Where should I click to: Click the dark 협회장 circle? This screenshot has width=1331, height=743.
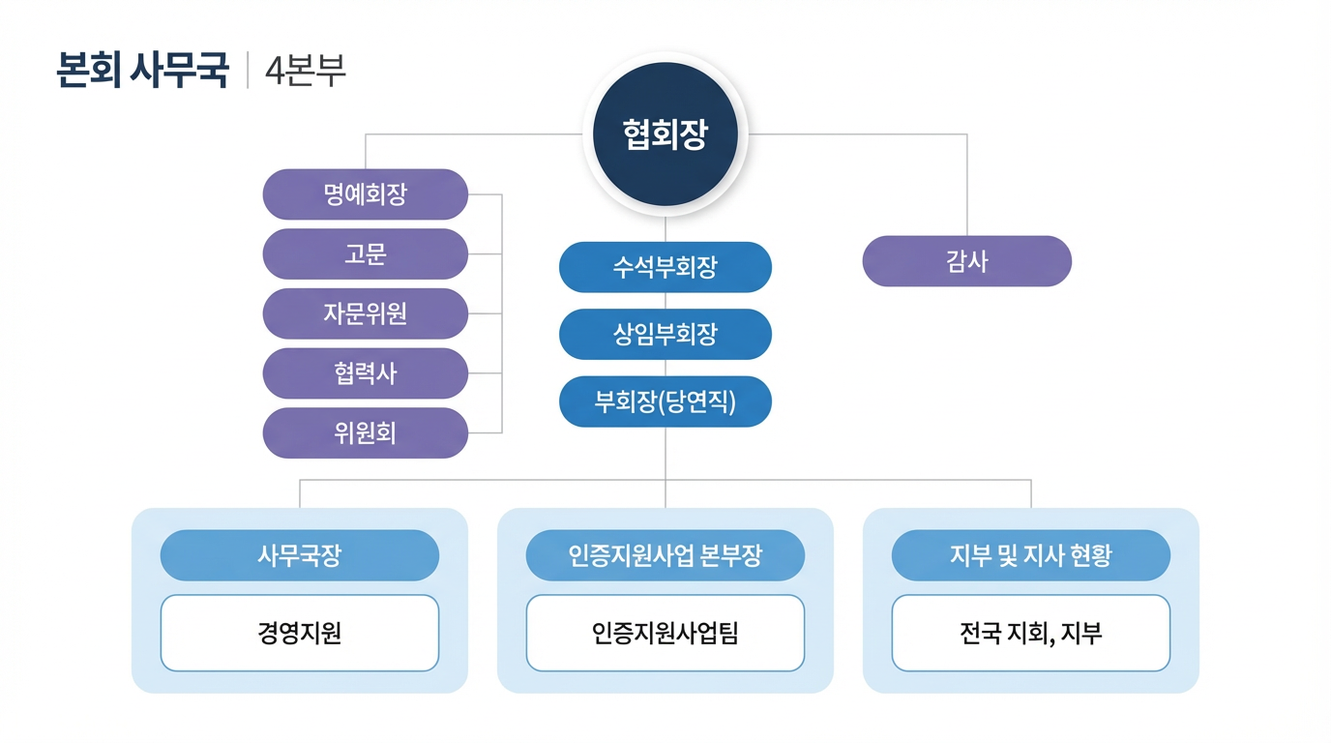[x=665, y=134]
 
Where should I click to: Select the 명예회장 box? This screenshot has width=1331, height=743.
[x=366, y=194]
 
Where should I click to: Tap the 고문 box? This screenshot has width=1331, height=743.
[x=366, y=254]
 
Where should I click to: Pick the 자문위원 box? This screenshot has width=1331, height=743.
[x=366, y=313]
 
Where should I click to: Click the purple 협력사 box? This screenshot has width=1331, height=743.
[x=366, y=373]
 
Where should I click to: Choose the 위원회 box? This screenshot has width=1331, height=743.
[x=366, y=432]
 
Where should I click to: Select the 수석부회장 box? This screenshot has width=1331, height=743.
[x=665, y=267]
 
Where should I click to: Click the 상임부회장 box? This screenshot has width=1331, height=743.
[x=665, y=335]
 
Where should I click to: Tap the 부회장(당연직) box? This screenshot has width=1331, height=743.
[x=665, y=401]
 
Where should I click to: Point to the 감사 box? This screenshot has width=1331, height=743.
[x=967, y=261]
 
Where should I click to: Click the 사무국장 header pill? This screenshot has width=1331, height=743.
[x=300, y=555]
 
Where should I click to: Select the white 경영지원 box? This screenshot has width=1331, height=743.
[x=300, y=633]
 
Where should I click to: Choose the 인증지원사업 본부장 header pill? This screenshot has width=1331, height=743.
[x=665, y=555]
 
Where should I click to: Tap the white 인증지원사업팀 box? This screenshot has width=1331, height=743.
[x=665, y=633]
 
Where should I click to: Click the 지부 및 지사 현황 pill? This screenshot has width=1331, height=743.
[x=1031, y=555]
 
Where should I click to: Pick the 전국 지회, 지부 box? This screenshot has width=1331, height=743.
[x=1031, y=633]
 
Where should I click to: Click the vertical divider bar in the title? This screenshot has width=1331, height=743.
[x=248, y=71]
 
